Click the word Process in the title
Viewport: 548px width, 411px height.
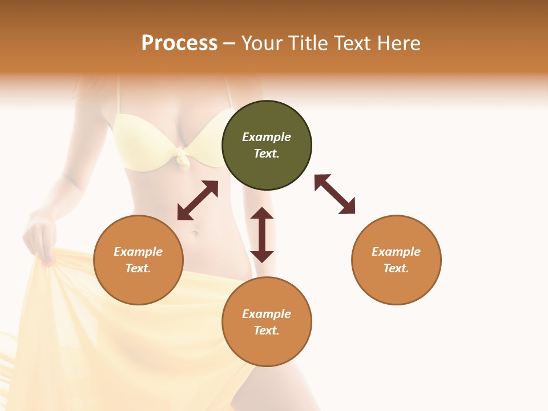tap(179, 43)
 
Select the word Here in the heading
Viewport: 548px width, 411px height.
tap(397, 43)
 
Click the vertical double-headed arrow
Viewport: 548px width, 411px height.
tap(262, 235)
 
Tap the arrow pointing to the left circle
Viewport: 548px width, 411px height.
tap(198, 200)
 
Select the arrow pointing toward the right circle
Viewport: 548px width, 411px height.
tap(335, 194)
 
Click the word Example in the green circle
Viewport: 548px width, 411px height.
tap(267, 137)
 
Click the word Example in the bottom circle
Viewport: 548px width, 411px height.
tap(267, 314)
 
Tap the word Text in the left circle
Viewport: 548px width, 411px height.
tap(138, 268)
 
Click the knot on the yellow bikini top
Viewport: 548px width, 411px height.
tap(183, 156)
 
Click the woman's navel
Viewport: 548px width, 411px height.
tap(195, 233)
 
